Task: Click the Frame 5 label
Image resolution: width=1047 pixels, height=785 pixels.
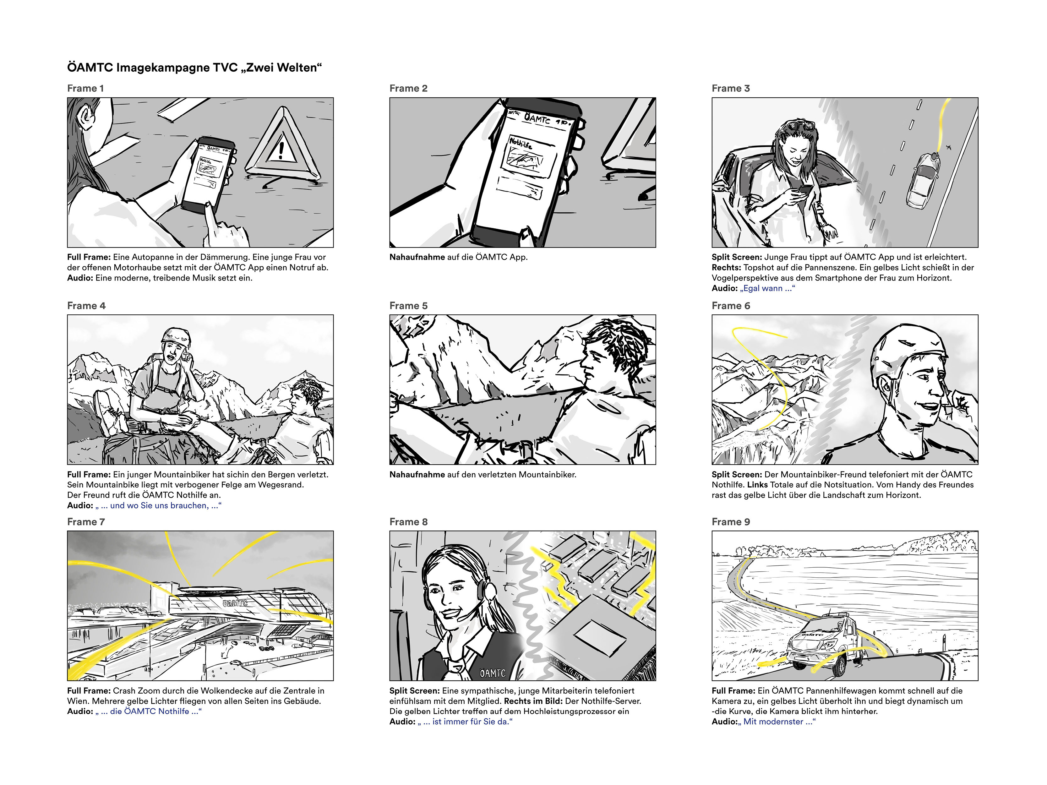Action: [x=408, y=306]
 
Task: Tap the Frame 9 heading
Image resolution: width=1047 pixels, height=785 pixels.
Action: [x=731, y=522]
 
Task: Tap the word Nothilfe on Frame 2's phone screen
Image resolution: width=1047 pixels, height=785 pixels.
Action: [x=521, y=142]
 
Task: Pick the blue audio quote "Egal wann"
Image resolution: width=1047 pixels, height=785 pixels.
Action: [x=767, y=288]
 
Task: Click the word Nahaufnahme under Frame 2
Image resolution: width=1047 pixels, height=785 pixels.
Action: [x=417, y=257]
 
